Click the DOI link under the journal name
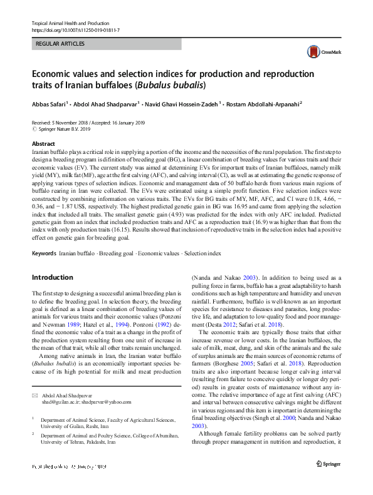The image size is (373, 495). [x=75, y=29]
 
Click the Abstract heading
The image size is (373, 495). [x=44, y=143]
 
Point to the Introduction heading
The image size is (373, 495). [x=52, y=277]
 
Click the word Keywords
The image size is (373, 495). [x=44, y=253]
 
